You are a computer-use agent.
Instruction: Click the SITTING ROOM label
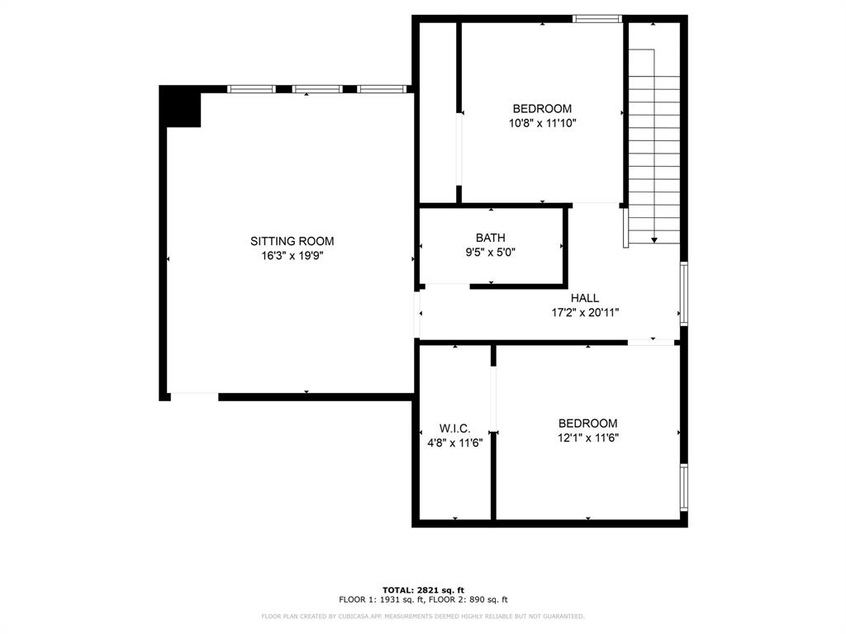tap(292, 241)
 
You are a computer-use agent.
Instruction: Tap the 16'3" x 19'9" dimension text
tap(292, 256)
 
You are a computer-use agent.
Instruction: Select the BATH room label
tap(490, 238)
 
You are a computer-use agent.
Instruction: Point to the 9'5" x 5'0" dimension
tap(490, 253)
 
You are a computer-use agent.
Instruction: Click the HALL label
tap(584, 298)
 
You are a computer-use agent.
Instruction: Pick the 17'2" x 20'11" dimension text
tap(584, 313)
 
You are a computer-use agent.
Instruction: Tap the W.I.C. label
tap(454, 428)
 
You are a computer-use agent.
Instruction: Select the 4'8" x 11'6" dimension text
tap(454, 442)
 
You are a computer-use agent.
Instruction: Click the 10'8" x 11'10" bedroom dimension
tap(542, 123)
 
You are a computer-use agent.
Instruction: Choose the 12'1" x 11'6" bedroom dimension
tap(587, 438)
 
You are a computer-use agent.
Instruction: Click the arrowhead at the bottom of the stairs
tap(654, 239)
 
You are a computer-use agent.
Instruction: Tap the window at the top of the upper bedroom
tap(597, 18)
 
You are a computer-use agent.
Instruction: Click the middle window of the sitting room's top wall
tap(317, 88)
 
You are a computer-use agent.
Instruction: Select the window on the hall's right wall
tap(683, 293)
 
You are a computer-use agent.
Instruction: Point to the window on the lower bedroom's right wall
tap(683, 487)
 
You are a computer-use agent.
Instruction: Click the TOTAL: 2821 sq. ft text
tap(422, 589)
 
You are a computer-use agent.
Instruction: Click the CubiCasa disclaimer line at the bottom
tap(422, 616)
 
